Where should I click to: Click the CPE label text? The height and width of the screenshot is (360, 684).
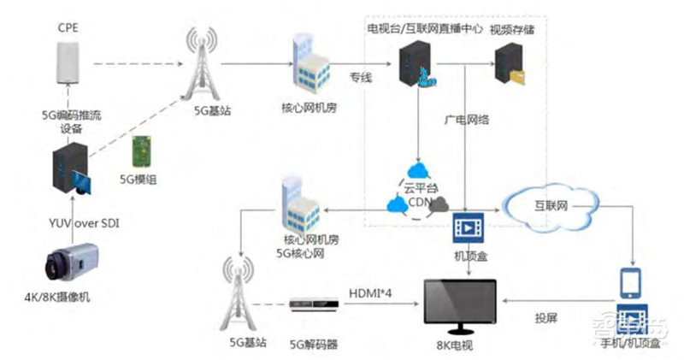(68, 28)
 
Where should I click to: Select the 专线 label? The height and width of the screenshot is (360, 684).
(361, 78)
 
